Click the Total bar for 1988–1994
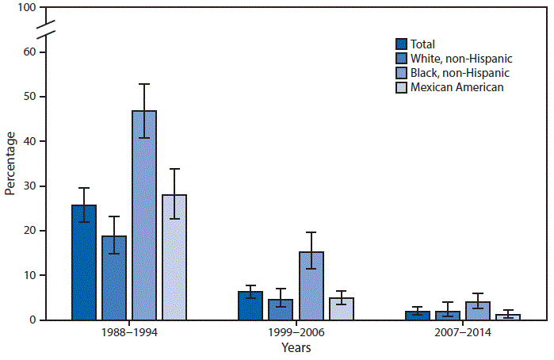[x=84, y=262]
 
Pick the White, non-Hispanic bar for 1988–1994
[x=114, y=278]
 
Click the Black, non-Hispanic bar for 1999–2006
[x=311, y=285]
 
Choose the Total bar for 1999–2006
[x=250, y=305]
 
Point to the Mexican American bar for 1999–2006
[x=342, y=308]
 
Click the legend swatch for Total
[x=402, y=45]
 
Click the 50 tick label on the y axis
[x=29, y=97]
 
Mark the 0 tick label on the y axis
[x=32, y=320]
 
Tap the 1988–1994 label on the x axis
[x=129, y=334]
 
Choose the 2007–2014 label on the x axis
[x=463, y=334]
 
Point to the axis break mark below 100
[x=46, y=30]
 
